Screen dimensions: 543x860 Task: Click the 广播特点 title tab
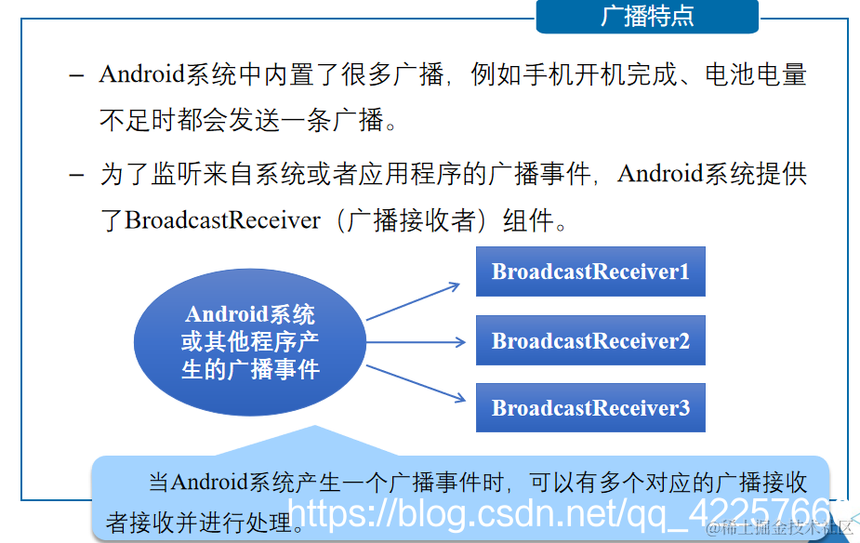point(647,17)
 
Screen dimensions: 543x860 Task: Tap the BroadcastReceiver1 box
point(590,271)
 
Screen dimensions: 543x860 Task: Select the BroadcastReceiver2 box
point(590,340)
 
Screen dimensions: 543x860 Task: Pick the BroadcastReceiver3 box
point(590,407)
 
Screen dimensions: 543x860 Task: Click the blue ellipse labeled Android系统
point(249,341)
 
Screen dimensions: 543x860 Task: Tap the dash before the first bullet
point(78,75)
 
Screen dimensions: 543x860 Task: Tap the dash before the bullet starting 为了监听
point(78,175)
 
